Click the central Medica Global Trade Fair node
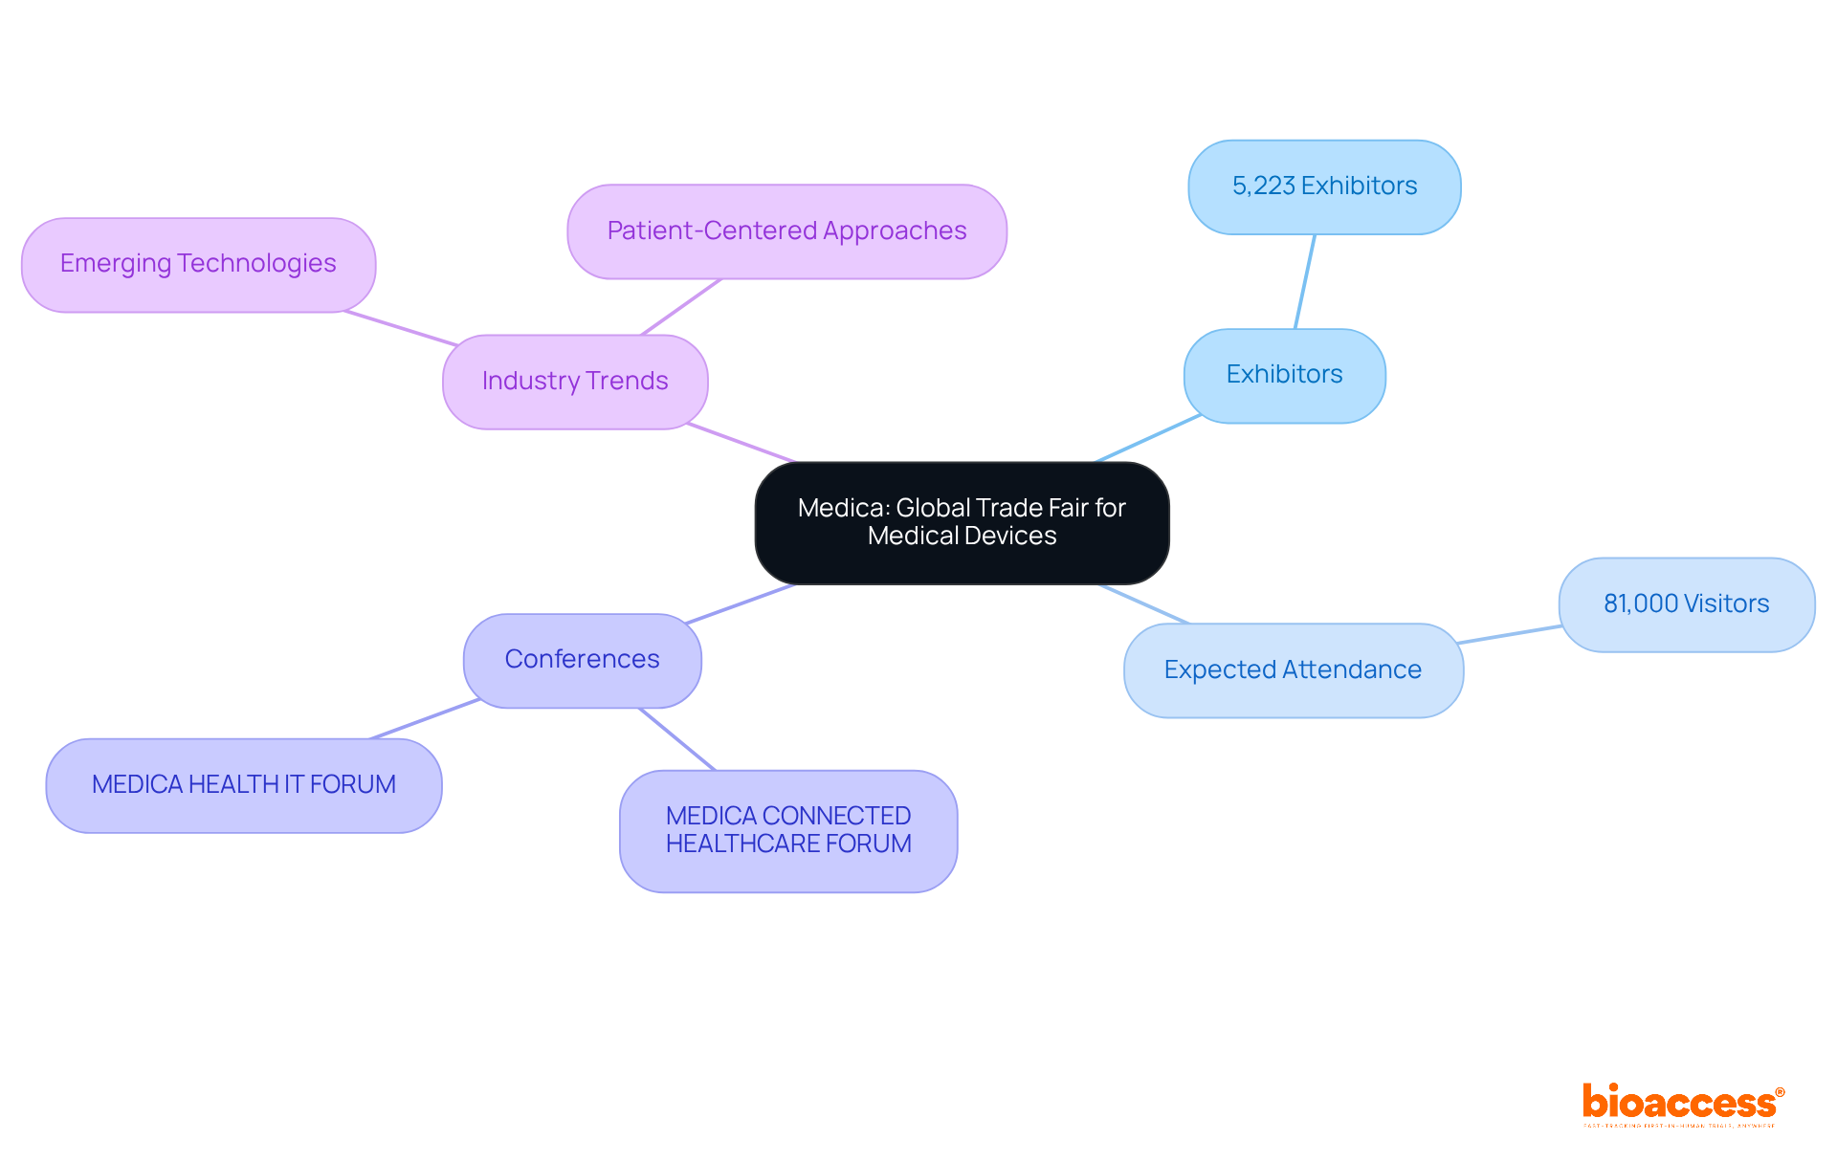click(962, 523)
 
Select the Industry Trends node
click(575, 382)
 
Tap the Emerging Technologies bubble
click(198, 264)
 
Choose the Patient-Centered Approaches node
click(786, 231)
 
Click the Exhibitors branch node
click(1284, 375)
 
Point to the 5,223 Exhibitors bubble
click(1324, 186)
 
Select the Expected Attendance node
click(1293, 670)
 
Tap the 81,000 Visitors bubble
click(1686, 604)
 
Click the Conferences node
click(582, 660)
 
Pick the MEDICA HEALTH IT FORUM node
click(243, 785)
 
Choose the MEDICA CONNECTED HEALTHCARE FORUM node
click(788, 830)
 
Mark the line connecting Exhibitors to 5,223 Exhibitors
click(1305, 282)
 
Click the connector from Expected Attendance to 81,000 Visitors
click(1510, 634)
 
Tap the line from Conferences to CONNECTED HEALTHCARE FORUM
click(677, 739)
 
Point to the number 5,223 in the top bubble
click(1263, 186)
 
